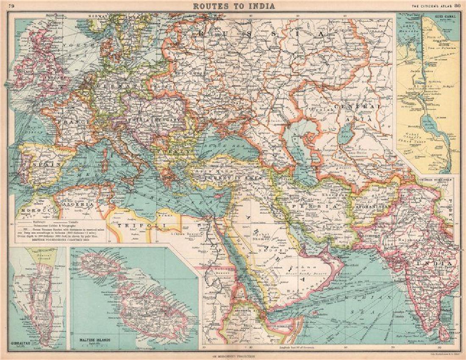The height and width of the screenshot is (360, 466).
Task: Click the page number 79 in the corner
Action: [11, 6]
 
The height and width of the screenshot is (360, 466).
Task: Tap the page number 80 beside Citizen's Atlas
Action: [458, 6]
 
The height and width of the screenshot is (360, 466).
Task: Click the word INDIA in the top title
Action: [263, 6]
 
